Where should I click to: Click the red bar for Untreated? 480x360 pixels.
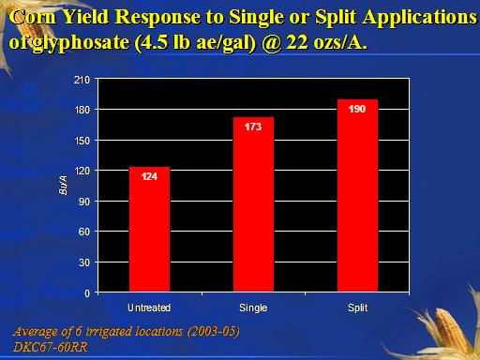pos(149,230)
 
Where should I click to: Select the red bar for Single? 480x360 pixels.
pos(253,204)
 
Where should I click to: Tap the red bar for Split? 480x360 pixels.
pos(357,196)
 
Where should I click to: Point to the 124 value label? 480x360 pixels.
pos(149,176)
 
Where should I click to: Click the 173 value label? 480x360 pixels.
pos(253,127)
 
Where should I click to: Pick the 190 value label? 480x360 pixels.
pos(357,109)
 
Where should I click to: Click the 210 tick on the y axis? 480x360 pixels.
pos(82,80)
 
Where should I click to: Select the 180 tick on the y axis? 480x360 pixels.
pos(82,110)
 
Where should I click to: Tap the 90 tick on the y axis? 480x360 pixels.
pos(84,202)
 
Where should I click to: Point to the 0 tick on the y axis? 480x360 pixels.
pos(87,293)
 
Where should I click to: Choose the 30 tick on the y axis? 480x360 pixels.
pos(84,262)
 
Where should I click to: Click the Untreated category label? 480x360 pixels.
pos(149,307)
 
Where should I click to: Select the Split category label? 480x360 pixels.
pos(358,308)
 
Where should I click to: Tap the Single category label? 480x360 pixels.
pos(253,308)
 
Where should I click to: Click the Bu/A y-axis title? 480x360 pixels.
pos(63,186)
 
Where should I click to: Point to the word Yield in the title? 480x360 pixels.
pos(85,17)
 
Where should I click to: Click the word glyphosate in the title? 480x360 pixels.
pos(81,42)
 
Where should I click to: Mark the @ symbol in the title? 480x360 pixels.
pos(272,42)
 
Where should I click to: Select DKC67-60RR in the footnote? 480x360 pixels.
pos(51,347)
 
